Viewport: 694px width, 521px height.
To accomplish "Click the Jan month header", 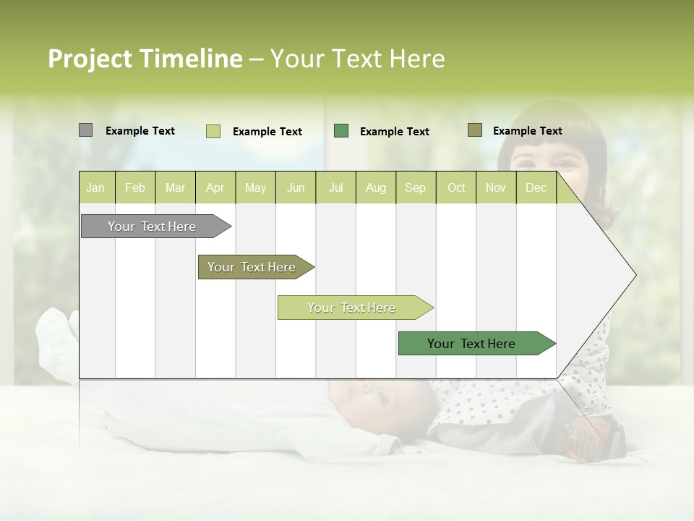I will coord(96,187).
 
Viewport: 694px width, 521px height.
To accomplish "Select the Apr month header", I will coord(215,187).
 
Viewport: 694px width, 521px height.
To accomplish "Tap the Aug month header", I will coord(375,187).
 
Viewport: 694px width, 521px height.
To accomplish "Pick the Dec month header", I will coord(536,187).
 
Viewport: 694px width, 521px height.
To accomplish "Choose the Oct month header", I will coord(455,187).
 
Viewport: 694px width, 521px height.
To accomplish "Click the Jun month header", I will coord(295,187).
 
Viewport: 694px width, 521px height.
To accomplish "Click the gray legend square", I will coord(85,130).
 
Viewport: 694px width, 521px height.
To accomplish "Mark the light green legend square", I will coord(213,131).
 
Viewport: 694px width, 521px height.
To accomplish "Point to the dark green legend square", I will coord(341,131).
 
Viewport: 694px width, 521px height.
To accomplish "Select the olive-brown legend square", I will coord(474,130).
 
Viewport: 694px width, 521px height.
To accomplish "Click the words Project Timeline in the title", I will coord(145,59).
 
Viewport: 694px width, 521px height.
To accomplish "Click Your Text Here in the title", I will coord(357,59).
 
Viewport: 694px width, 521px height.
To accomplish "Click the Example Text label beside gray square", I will coord(140,131).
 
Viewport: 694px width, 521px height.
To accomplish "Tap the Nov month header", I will coord(495,187).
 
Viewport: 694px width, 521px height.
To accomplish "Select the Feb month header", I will coord(135,187).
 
